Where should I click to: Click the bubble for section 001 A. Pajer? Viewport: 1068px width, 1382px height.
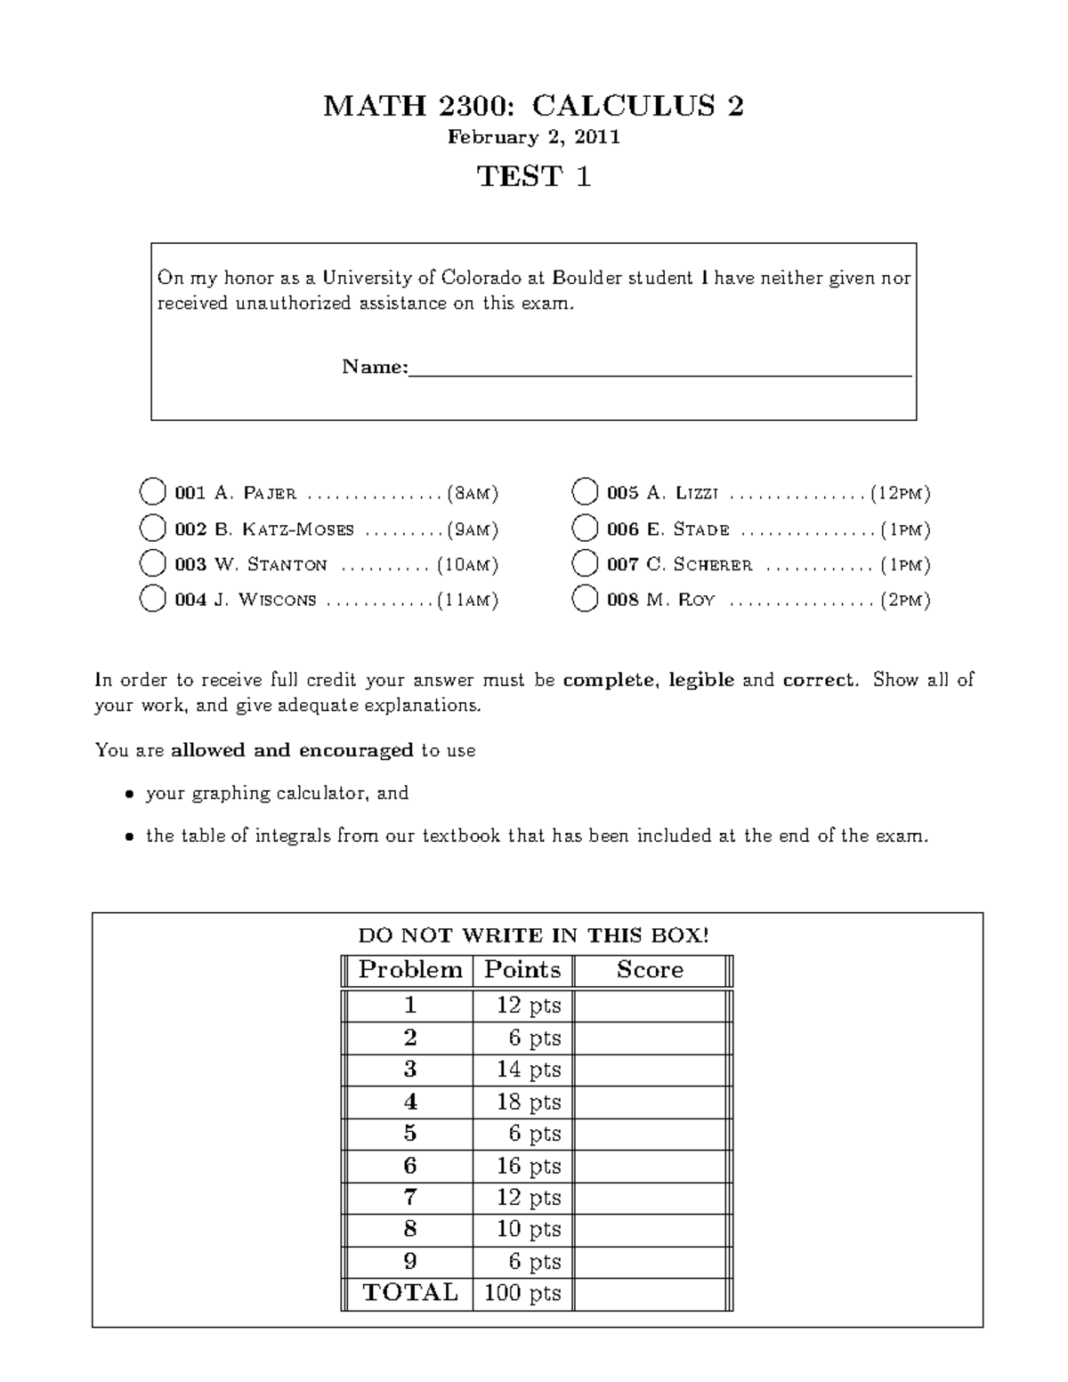click(153, 491)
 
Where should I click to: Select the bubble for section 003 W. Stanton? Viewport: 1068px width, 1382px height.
click(153, 563)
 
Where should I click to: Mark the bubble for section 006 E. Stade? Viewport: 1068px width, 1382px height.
click(585, 529)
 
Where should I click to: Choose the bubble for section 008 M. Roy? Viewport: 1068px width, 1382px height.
click(585, 599)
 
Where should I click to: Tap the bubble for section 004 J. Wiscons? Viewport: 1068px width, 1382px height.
click(153, 599)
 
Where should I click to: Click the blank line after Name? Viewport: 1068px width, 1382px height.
click(659, 368)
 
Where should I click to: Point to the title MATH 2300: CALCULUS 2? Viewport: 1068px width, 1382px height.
click(533, 107)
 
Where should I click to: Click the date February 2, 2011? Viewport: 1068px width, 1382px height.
click(533, 137)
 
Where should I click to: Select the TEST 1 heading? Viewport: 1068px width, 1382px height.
click(534, 176)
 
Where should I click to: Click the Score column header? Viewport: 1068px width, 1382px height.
click(650, 970)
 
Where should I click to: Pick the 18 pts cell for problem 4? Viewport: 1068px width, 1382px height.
click(529, 1102)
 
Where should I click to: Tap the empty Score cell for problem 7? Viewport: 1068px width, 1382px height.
click(650, 1198)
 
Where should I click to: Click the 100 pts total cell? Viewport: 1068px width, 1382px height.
click(522, 1293)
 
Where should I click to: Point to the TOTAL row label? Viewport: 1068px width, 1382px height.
click(410, 1293)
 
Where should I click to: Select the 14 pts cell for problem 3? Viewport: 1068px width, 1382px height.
click(529, 1070)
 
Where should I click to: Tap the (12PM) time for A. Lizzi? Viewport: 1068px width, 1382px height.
click(901, 492)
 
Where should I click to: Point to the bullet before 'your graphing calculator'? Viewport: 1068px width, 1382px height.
click(130, 794)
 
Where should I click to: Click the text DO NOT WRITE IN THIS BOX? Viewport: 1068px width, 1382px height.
click(533, 935)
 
